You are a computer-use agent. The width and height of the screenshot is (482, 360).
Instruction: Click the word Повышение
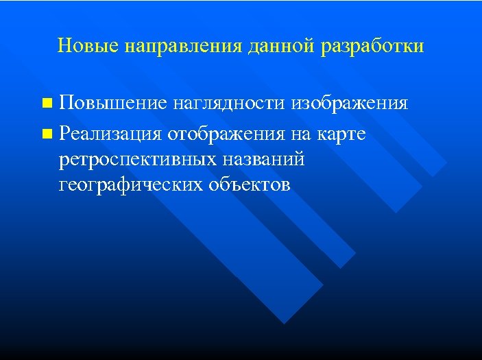pyautogui.click(x=112, y=104)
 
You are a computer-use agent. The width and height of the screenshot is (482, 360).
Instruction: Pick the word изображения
pyautogui.click(x=350, y=104)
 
